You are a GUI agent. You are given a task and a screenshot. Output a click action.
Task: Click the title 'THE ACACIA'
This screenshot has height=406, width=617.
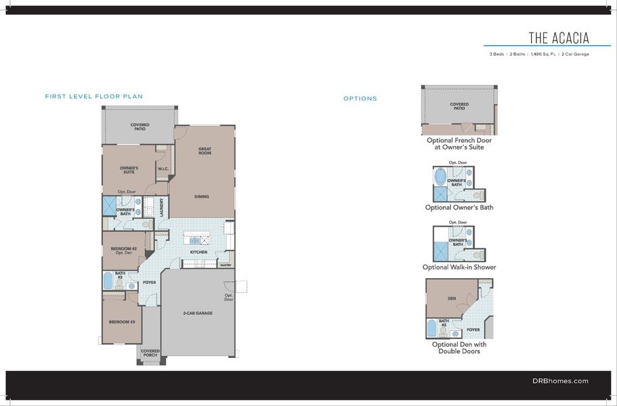click(559, 37)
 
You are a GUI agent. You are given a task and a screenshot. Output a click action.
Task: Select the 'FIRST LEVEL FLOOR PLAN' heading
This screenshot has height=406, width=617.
click(93, 97)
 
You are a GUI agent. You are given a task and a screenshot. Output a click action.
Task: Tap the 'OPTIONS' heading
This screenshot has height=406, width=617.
click(360, 99)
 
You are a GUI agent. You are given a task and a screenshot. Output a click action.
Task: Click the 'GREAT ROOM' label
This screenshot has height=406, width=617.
click(205, 151)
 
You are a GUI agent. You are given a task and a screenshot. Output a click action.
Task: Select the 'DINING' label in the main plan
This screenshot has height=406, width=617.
click(201, 197)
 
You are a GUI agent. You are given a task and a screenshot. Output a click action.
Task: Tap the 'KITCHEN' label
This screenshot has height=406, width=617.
click(198, 252)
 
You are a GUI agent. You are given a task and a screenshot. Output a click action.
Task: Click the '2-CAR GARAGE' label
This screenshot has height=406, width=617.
click(198, 313)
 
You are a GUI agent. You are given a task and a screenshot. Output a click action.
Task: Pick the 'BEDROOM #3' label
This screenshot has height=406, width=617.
click(123, 322)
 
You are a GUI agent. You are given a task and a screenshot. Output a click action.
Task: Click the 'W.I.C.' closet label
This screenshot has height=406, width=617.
click(163, 169)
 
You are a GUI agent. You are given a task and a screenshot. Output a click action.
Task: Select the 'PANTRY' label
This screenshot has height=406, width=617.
click(226, 265)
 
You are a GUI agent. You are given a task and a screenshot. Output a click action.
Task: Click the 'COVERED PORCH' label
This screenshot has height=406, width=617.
click(150, 353)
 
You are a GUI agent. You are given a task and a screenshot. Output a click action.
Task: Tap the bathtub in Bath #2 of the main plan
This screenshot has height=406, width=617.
click(108, 280)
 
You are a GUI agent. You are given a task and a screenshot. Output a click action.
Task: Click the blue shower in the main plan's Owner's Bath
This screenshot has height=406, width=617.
click(109, 205)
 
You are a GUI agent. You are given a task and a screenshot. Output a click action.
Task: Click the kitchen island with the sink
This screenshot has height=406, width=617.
click(198, 240)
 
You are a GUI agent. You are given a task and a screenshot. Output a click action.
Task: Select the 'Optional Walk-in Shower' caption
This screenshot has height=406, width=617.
click(459, 267)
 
